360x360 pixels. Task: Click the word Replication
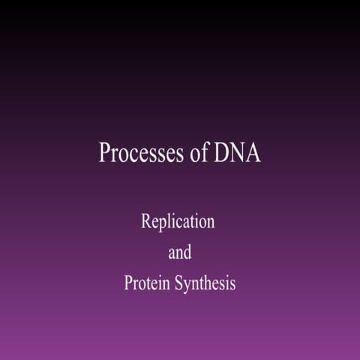(x=178, y=222)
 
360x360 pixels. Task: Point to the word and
(x=180, y=253)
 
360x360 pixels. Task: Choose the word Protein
(x=145, y=283)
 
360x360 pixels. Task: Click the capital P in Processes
(x=106, y=152)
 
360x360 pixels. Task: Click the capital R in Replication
(x=146, y=222)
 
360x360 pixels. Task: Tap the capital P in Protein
(x=129, y=283)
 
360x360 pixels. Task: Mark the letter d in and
(x=187, y=253)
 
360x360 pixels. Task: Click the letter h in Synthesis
(x=208, y=283)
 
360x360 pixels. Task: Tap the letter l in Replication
(x=170, y=222)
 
